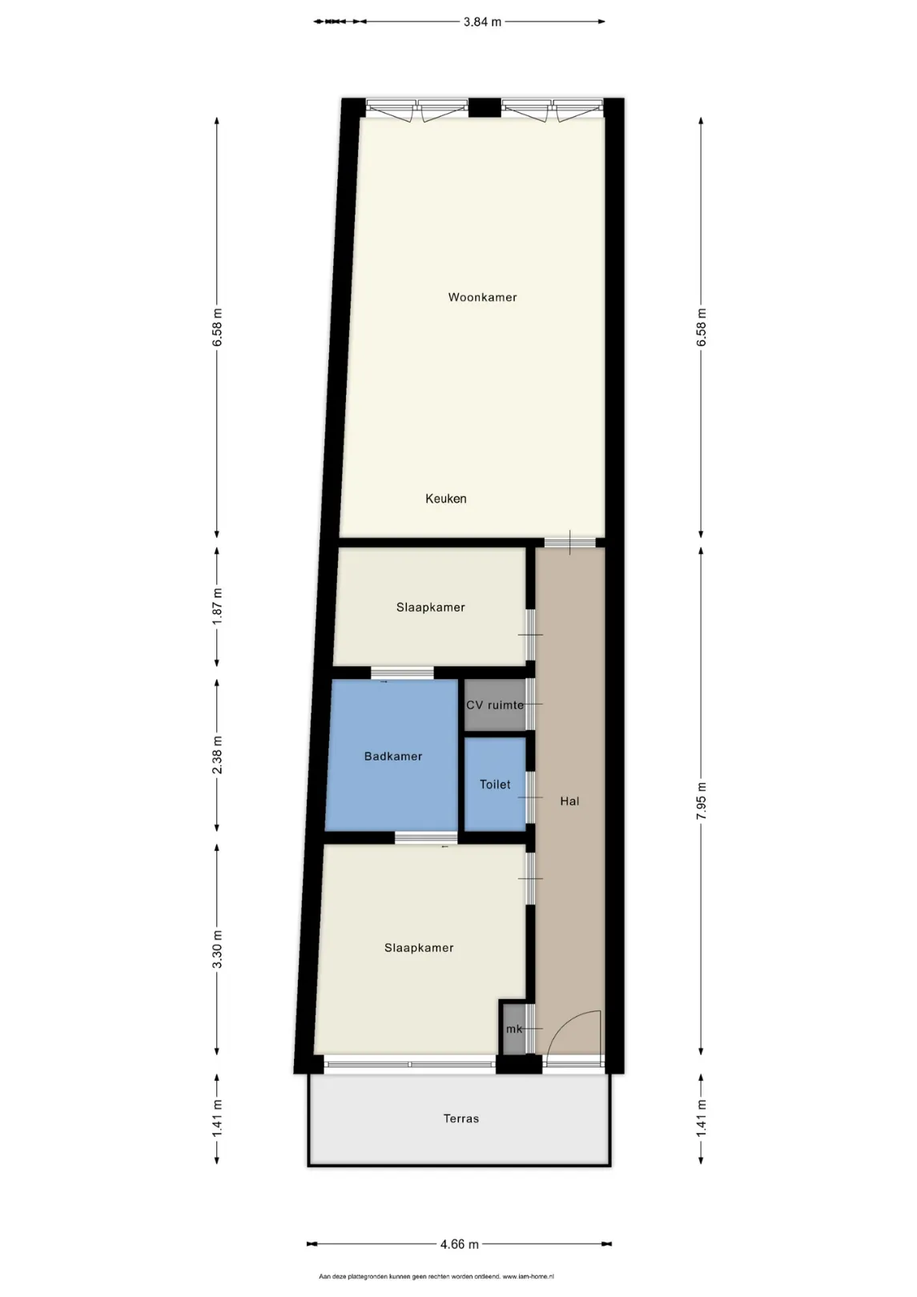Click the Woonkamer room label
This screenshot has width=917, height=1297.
(482, 297)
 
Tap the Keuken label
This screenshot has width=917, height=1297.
(445, 499)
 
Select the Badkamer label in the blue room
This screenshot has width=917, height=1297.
(392, 757)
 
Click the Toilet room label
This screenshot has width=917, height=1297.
(495, 785)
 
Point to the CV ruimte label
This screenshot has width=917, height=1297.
(495, 705)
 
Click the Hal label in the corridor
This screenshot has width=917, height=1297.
(569, 801)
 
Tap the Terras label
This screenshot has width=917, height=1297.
(461, 1118)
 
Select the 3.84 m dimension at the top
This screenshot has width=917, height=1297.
(482, 22)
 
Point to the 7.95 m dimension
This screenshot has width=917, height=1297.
(702, 801)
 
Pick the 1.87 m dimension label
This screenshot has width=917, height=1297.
(217, 606)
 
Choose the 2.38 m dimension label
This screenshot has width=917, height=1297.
(217, 755)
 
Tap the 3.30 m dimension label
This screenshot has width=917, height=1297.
(217, 949)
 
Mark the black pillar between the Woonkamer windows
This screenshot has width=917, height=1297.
(485, 108)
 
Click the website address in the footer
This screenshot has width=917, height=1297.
(528, 1276)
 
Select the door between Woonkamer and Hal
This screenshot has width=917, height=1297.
(570, 543)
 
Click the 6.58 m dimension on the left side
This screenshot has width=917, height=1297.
(217, 327)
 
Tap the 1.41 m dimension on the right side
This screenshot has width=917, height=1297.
(702, 1118)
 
